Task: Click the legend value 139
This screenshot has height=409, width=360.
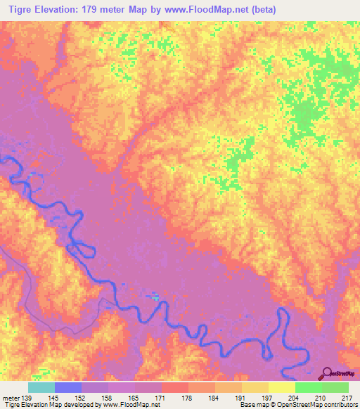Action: click(27, 397)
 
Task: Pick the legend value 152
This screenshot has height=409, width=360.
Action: click(82, 397)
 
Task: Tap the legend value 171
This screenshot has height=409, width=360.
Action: click(162, 397)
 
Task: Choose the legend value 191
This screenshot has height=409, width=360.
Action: click(243, 397)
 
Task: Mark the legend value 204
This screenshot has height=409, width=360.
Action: click(295, 397)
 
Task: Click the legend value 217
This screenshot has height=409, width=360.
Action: click(348, 397)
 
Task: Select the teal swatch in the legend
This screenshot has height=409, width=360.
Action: click(41, 387)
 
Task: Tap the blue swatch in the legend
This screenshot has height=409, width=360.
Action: click(68, 387)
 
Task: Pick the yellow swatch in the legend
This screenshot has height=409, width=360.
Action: click(282, 387)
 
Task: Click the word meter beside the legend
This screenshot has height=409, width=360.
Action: click(9, 397)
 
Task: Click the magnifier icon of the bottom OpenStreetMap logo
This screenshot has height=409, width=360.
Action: click(327, 374)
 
